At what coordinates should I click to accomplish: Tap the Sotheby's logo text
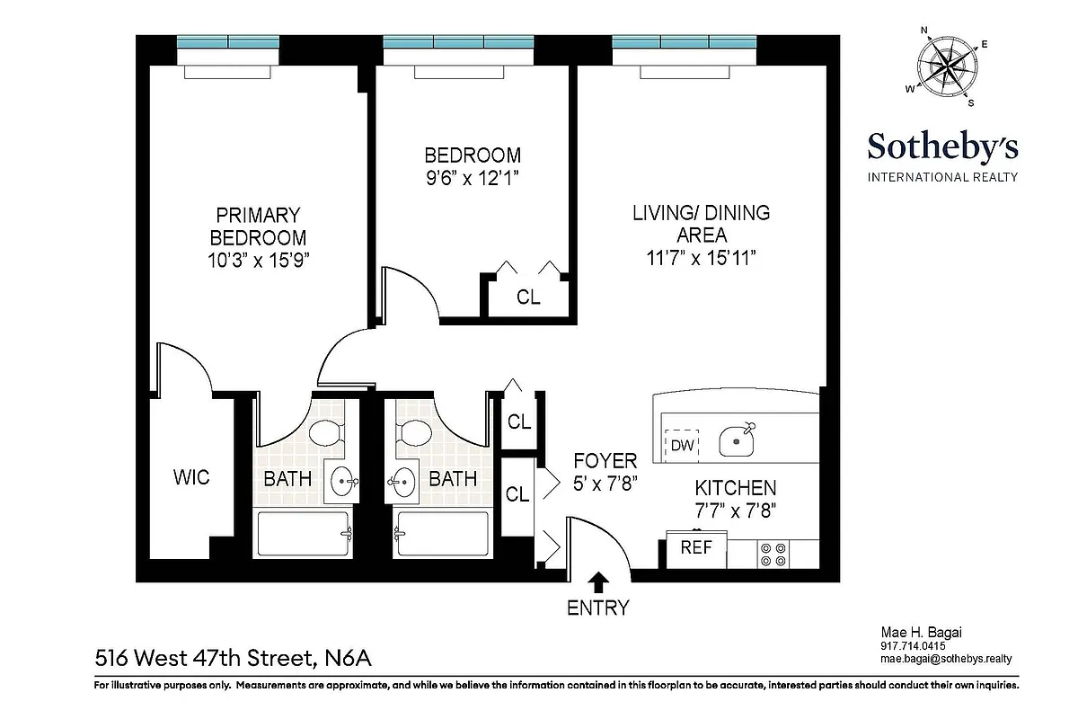(x=941, y=146)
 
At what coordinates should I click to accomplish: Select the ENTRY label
(x=597, y=608)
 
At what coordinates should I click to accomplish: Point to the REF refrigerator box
(x=696, y=547)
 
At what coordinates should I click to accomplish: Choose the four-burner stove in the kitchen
(x=773, y=553)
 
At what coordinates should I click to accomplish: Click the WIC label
(x=191, y=477)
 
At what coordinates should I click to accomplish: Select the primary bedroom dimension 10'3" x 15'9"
(x=258, y=261)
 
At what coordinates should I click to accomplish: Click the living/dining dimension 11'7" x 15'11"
(x=701, y=257)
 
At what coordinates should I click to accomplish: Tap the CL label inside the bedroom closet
(x=528, y=297)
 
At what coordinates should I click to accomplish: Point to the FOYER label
(x=605, y=461)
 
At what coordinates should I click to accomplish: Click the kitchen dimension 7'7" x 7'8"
(x=735, y=510)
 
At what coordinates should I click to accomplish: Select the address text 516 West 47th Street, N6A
(x=233, y=659)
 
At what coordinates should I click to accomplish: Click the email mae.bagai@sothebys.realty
(x=945, y=659)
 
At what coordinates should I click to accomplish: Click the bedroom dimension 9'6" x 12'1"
(x=473, y=177)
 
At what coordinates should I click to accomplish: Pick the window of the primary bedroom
(x=228, y=41)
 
